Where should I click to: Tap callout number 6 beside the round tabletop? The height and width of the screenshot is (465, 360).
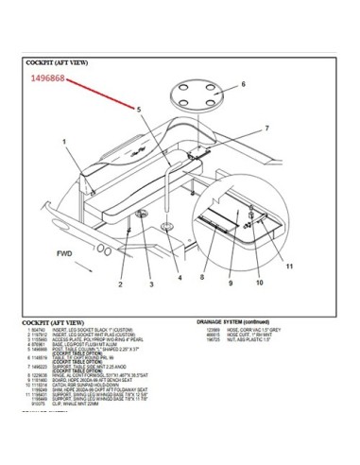(x=243, y=84)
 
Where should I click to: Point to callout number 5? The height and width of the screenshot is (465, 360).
(x=138, y=111)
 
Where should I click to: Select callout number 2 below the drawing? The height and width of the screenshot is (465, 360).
(x=122, y=282)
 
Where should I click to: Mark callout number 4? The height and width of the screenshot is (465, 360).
(x=180, y=280)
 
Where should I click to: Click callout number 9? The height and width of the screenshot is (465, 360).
(x=230, y=282)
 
